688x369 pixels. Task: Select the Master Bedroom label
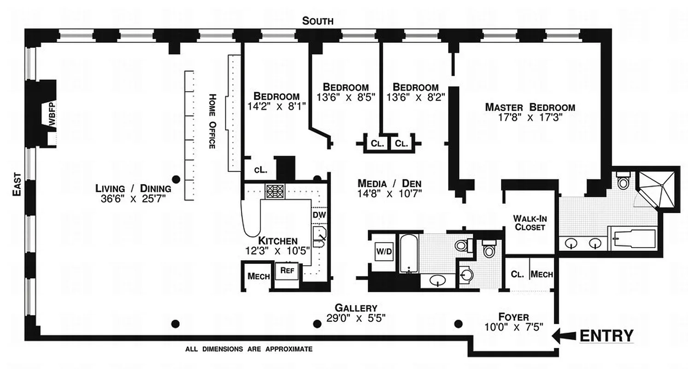[x=529, y=107]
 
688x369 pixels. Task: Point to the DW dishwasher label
[x=319, y=215]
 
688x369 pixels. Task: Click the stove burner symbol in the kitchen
[x=274, y=191]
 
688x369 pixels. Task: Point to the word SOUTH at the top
[x=318, y=21]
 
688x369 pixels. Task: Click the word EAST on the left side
[x=17, y=184]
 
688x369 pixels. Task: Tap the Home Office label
[x=212, y=121]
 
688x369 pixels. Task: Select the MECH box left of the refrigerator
[x=258, y=276]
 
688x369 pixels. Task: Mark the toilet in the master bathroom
[x=623, y=181]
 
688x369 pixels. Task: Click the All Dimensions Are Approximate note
[x=248, y=349]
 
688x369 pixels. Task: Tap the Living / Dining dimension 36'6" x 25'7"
[x=133, y=198]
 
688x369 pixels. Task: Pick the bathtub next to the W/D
[x=408, y=253]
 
